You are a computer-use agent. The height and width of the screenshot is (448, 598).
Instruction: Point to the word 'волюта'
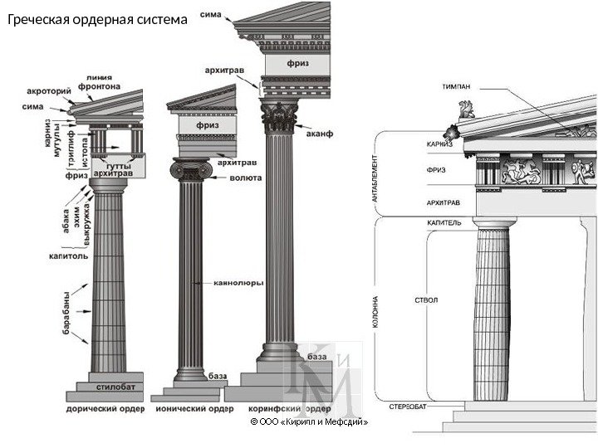(x=246, y=178)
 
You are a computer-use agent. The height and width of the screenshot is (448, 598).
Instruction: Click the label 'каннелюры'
(x=239, y=283)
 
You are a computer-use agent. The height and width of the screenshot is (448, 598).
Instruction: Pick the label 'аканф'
(x=320, y=134)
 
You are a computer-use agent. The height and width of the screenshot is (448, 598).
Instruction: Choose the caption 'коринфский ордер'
(x=290, y=409)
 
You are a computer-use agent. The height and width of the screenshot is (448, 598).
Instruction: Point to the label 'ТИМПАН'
(x=458, y=86)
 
